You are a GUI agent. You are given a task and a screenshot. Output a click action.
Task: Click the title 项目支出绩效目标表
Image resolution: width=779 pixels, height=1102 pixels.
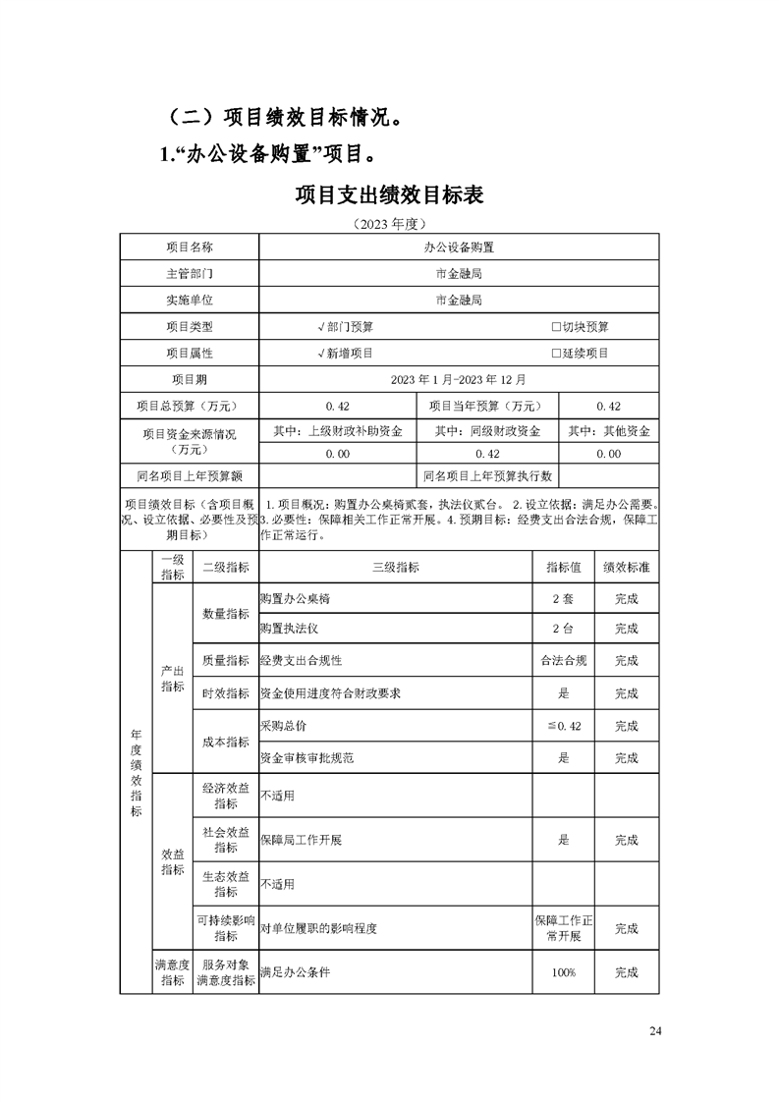coord(389,194)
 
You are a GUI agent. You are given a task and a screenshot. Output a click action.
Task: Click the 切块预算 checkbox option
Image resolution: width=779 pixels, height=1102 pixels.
coord(580,327)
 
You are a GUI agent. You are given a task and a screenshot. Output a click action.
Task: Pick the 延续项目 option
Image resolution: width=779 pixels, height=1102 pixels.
coord(580,353)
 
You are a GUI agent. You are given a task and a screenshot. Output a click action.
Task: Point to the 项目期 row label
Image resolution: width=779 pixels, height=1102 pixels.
coord(189,379)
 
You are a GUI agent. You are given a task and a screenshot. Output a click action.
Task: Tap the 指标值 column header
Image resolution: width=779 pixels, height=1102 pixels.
coord(563,568)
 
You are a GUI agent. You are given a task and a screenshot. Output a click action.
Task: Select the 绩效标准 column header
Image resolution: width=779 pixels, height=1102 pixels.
coord(626,568)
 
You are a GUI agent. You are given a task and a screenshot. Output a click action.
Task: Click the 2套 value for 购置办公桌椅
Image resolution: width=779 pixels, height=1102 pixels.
coord(563,599)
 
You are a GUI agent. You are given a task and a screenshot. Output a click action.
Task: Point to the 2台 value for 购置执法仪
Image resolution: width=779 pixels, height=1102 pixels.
coord(563,629)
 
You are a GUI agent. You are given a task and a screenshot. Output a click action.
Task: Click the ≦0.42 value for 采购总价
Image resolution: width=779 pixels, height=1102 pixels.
coord(563,726)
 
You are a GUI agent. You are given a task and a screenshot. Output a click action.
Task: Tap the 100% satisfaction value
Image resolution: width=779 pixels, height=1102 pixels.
coord(563,972)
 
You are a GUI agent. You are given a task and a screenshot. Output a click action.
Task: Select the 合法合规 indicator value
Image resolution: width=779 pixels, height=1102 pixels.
coord(563,661)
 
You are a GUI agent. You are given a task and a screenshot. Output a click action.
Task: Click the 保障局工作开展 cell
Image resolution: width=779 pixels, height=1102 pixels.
coord(302,841)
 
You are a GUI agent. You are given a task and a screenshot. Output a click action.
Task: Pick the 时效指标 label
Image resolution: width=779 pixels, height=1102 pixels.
coord(226,693)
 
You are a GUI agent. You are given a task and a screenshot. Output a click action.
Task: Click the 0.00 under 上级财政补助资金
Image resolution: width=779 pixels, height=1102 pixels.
coord(337,454)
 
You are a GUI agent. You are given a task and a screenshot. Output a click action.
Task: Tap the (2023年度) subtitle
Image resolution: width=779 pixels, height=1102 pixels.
coord(389,224)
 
